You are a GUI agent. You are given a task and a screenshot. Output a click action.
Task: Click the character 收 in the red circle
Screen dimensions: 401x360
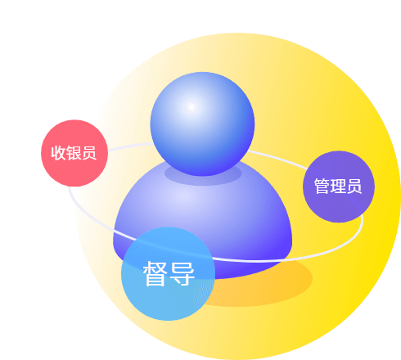click(x=58, y=153)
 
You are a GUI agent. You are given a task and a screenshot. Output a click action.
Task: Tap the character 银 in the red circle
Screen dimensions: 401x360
click(x=74, y=153)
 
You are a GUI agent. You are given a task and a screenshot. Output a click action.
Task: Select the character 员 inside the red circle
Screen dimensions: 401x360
click(x=89, y=153)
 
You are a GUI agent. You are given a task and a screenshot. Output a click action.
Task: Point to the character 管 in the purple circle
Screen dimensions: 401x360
click(x=322, y=187)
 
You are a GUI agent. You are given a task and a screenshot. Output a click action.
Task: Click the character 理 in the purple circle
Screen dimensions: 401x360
click(x=338, y=187)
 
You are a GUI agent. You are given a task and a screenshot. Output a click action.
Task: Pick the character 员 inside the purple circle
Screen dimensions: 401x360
click(x=354, y=187)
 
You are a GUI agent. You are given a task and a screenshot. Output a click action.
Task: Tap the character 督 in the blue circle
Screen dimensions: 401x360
click(x=155, y=273)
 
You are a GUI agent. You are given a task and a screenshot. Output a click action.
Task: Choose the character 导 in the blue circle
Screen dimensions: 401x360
click(x=182, y=273)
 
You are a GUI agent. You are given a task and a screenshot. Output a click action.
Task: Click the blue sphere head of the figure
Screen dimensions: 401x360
click(x=202, y=124)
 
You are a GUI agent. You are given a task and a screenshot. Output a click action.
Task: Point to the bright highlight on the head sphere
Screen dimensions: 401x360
click(x=191, y=107)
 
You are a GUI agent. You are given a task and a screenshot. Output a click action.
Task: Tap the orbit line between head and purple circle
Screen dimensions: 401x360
click(x=277, y=157)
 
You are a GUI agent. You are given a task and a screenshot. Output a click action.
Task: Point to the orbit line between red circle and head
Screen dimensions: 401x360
click(x=130, y=146)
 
